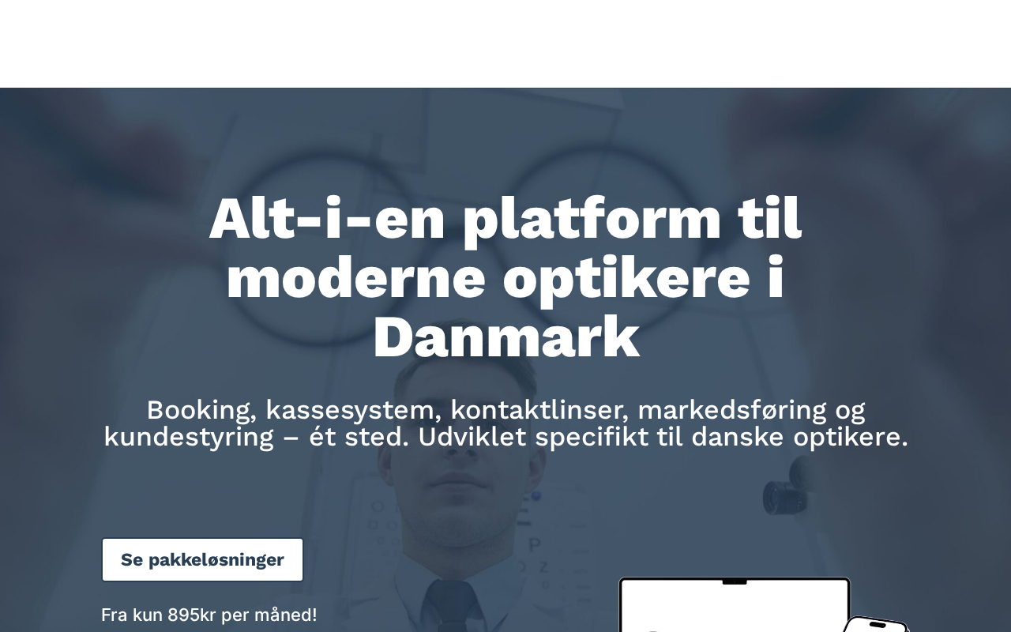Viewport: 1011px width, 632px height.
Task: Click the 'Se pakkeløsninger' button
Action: point(202,560)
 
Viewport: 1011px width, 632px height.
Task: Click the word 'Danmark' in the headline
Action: point(506,337)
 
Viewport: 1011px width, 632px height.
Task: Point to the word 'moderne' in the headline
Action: point(355,276)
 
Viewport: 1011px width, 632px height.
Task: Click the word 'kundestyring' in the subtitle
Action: point(189,438)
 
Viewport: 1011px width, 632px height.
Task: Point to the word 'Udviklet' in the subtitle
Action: point(472,437)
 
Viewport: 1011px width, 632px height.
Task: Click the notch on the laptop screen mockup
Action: point(735,582)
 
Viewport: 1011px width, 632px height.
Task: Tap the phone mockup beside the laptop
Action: point(876,625)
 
